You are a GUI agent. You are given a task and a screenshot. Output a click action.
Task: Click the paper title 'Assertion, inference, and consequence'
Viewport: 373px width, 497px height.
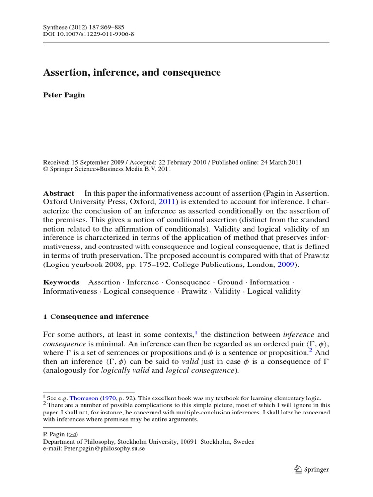(132, 73)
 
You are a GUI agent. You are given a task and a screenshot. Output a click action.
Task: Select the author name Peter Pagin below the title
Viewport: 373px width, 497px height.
(64, 95)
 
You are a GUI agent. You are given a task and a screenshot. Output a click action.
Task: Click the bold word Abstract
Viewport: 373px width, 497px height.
(59, 193)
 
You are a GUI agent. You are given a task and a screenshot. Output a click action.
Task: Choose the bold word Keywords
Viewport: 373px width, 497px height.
(61, 282)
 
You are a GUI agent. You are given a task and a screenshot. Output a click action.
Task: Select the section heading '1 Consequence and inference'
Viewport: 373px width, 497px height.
(96, 316)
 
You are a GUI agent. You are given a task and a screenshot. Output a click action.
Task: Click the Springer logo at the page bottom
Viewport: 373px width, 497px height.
(312, 469)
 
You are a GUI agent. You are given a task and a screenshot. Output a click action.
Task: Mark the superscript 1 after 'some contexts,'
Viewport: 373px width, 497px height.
(196, 332)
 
